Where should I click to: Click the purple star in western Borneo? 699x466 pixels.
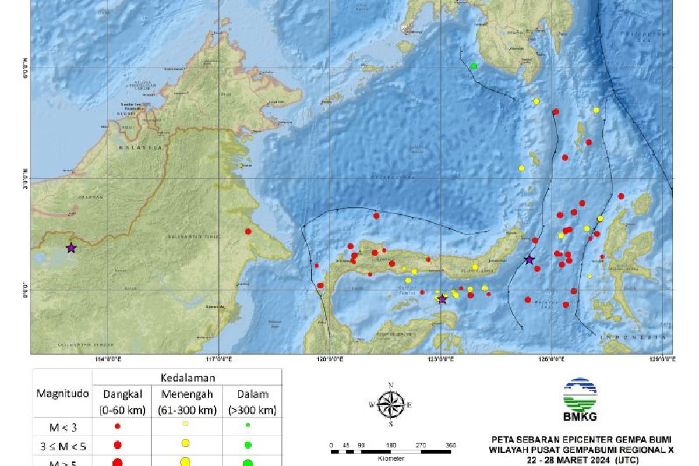(x=71, y=248)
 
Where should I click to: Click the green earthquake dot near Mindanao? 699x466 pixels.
(x=474, y=66)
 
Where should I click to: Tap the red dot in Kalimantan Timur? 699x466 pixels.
(x=248, y=231)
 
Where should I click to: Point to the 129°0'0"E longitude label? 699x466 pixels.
(x=662, y=359)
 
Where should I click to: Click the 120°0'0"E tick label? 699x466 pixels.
(x=329, y=359)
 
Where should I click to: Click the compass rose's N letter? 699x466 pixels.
(x=391, y=385)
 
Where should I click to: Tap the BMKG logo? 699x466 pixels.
(x=580, y=400)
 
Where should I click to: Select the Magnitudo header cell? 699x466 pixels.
(x=63, y=394)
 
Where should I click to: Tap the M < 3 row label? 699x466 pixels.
(x=63, y=426)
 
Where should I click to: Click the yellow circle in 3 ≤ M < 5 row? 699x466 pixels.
(x=185, y=444)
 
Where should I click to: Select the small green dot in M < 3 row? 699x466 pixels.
(x=248, y=425)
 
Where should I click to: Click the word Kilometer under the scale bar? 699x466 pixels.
(x=391, y=458)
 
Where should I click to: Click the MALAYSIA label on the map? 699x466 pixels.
(x=141, y=148)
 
